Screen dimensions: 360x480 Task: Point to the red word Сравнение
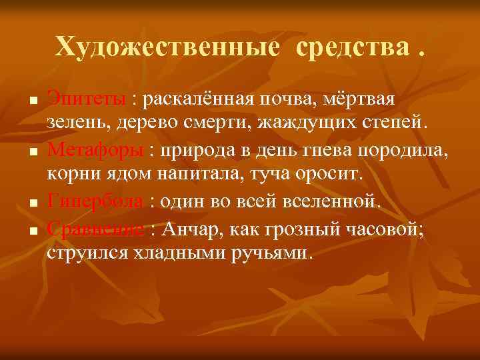[95, 230]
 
